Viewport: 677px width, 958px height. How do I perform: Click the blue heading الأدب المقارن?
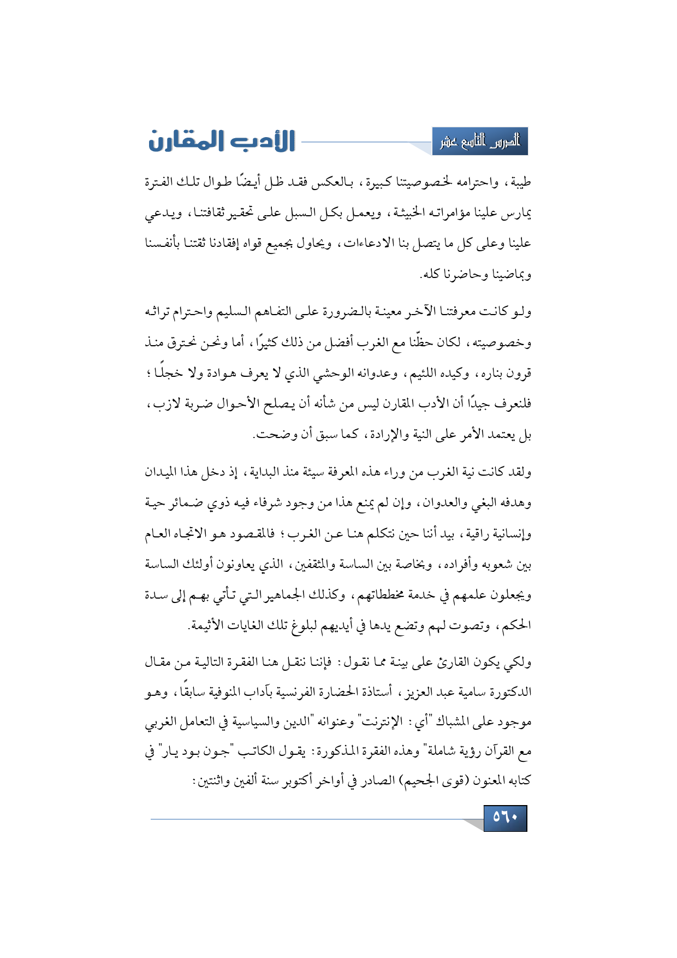[x=222, y=141]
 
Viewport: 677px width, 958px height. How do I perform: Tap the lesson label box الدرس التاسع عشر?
[x=480, y=142]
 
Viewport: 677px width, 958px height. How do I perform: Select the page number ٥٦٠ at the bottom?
[x=505, y=818]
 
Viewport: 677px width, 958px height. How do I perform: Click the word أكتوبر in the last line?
[x=297, y=782]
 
